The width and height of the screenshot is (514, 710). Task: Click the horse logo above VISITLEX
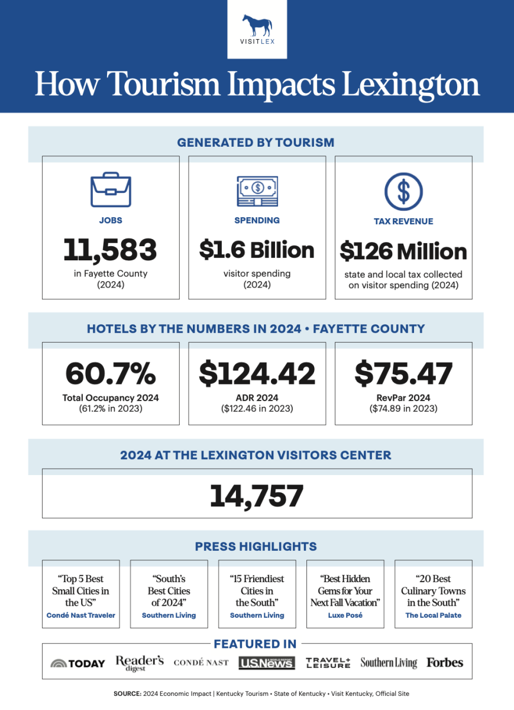tap(257, 25)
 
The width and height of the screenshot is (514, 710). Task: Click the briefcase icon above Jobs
tap(111, 189)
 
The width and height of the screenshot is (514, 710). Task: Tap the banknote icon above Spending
tap(257, 191)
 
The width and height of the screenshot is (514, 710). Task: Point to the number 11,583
tap(111, 250)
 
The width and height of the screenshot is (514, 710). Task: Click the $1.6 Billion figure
tap(257, 250)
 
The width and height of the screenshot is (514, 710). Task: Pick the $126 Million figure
tap(403, 252)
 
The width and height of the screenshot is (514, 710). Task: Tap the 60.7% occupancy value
tap(111, 373)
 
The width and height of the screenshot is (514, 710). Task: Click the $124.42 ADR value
tap(257, 373)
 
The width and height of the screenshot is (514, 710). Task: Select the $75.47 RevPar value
tap(403, 373)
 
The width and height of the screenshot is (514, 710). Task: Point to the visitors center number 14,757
tap(257, 496)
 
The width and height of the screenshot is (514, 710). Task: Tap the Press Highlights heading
tap(256, 547)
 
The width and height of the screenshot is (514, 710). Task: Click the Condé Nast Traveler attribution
tap(81, 615)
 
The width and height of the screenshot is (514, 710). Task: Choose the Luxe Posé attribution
tap(345, 615)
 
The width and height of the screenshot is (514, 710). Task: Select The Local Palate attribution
tap(433, 615)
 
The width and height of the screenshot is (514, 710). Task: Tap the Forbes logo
tap(445, 663)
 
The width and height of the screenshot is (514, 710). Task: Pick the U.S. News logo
tap(267, 663)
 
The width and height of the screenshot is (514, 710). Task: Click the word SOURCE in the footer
tap(127, 693)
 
